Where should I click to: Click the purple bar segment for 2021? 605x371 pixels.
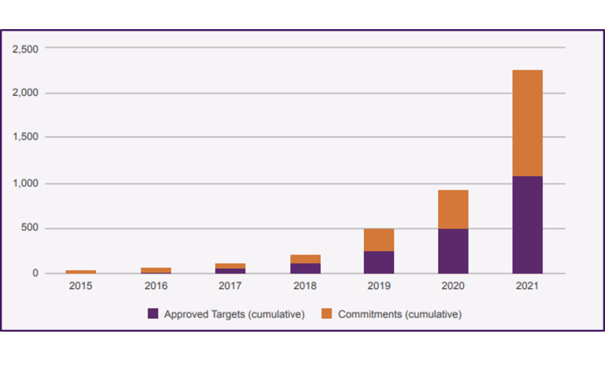click(527, 224)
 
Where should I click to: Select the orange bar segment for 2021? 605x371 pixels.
click(527, 123)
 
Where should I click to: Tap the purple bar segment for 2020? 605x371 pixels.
click(453, 250)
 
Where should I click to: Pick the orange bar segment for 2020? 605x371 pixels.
click(453, 210)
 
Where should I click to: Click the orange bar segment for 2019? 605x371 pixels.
click(379, 240)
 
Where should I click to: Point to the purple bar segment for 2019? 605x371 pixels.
click(379, 262)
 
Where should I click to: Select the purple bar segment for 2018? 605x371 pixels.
click(305, 268)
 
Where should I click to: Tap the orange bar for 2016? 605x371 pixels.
click(156, 270)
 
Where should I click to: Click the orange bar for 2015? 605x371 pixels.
click(81, 272)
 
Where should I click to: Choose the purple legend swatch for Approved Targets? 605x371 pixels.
click(153, 313)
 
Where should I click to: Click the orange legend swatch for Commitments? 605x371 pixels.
click(327, 313)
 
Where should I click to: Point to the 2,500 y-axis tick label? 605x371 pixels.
click(25, 49)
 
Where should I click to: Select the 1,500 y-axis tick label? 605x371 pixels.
click(25, 138)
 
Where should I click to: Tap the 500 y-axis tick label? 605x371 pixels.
click(30, 228)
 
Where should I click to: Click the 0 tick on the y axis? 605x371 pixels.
click(35, 273)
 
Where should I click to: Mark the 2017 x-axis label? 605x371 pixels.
click(230, 286)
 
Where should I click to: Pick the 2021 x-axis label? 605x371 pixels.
click(527, 286)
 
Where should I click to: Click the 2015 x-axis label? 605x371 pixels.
click(81, 286)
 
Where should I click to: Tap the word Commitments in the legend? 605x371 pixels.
click(369, 314)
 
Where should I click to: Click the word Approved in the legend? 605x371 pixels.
click(184, 314)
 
